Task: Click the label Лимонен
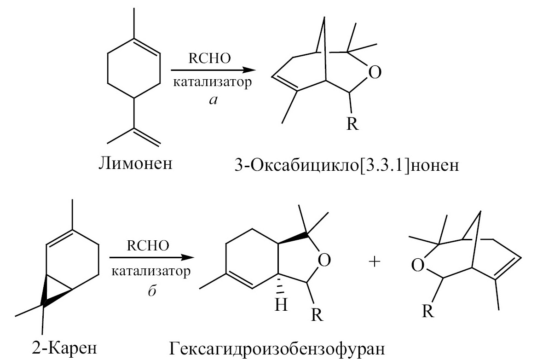(x=135, y=163)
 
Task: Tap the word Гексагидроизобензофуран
(x=277, y=348)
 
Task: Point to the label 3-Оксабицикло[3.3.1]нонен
(x=346, y=166)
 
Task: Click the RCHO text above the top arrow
(x=209, y=58)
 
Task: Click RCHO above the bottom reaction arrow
(x=148, y=245)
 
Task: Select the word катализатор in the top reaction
(x=212, y=82)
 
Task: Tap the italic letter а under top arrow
(x=214, y=100)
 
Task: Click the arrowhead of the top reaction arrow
(x=249, y=70)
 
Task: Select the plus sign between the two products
(x=375, y=262)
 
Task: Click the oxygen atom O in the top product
(x=375, y=72)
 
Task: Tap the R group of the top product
(x=352, y=124)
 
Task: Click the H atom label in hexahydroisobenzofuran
(x=281, y=304)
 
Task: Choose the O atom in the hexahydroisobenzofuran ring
(x=324, y=260)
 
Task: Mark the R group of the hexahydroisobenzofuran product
(x=317, y=315)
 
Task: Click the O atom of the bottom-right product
(x=417, y=265)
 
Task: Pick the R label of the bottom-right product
(x=428, y=311)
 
